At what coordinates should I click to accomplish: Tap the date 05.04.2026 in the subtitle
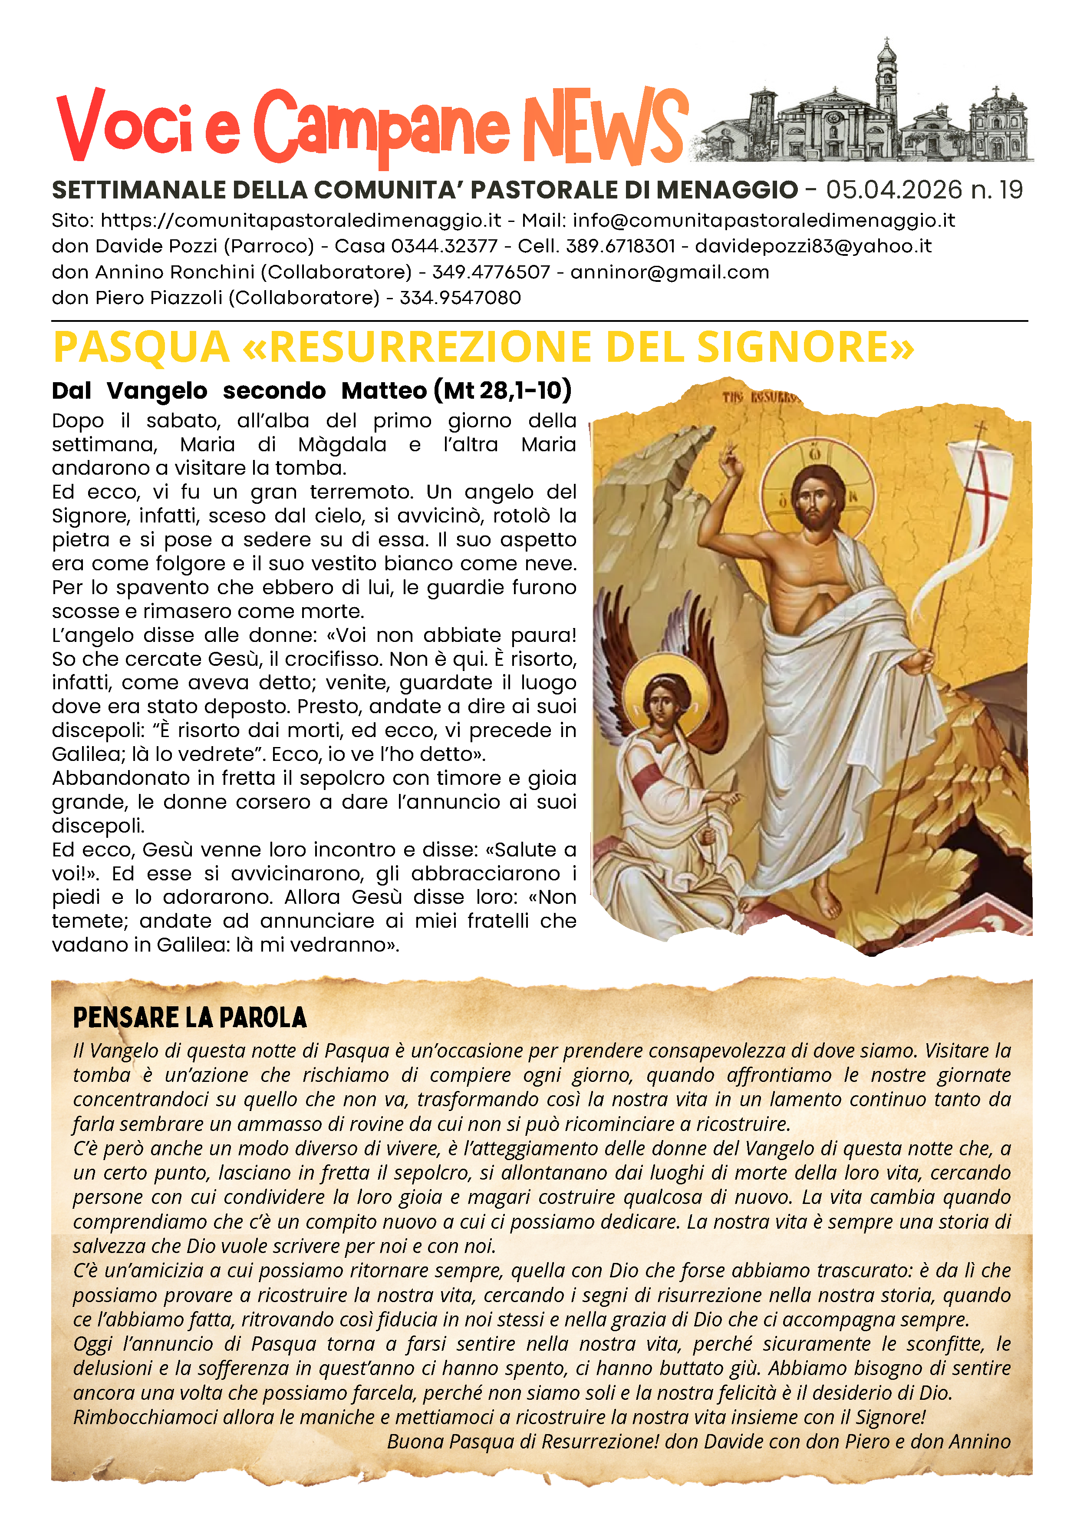(893, 191)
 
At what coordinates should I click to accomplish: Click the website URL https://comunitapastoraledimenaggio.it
(300, 220)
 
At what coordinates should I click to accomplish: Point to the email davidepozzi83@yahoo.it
(813, 246)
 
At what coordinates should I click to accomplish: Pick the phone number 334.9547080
(460, 298)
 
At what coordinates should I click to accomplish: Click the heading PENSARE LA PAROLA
(190, 1018)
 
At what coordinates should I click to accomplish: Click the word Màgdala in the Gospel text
(342, 444)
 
